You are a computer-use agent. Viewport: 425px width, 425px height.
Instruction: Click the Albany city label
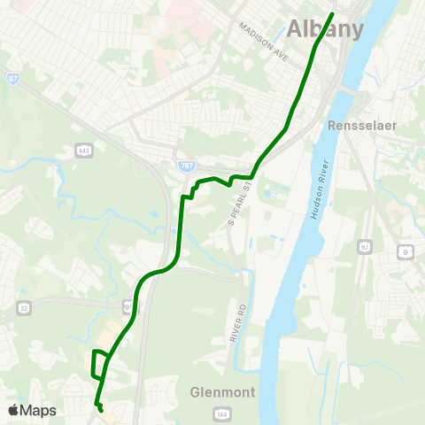pyautogui.click(x=325, y=28)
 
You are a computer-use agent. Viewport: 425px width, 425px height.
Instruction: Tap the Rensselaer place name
pyautogui.click(x=360, y=126)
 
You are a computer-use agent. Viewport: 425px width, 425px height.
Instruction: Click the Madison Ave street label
pyautogui.click(x=265, y=40)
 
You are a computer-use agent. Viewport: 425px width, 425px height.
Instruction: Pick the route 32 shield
pyautogui.click(x=24, y=307)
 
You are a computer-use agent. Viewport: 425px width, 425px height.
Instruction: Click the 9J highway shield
pyautogui.click(x=364, y=243)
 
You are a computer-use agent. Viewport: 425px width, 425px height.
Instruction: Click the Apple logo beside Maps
pyautogui.click(x=14, y=410)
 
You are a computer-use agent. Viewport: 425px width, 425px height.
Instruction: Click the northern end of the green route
pyautogui.click(x=332, y=14)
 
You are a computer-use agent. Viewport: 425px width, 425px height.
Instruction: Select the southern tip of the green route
pyautogui.click(x=101, y=411)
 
